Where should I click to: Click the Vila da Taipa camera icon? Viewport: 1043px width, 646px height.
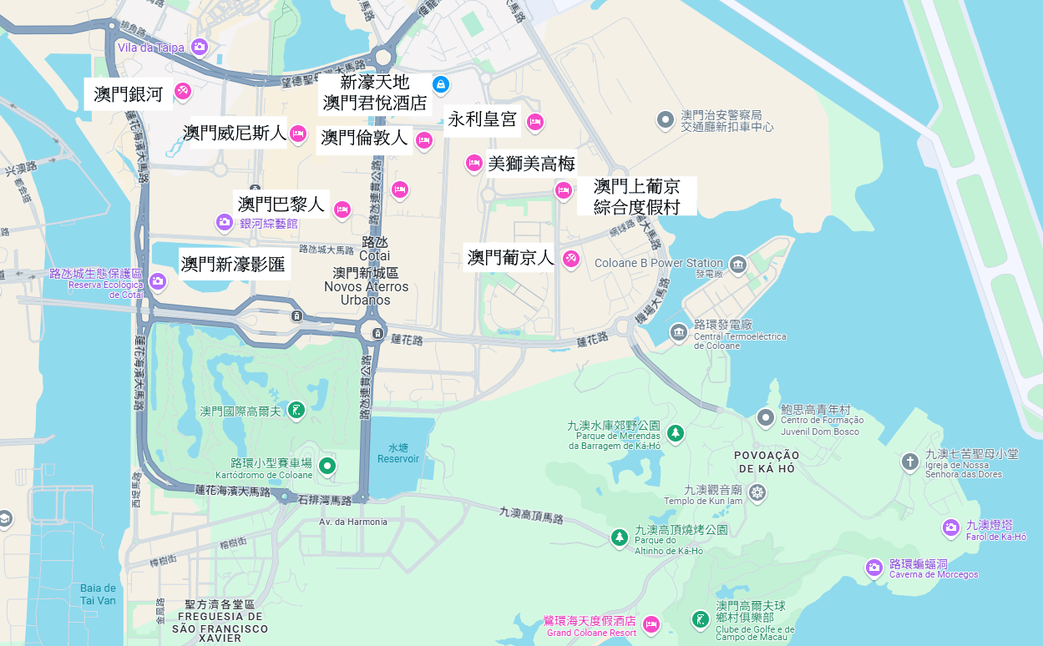199,47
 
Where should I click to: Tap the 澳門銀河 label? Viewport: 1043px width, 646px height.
129,94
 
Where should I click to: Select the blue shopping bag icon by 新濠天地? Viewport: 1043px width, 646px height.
441,84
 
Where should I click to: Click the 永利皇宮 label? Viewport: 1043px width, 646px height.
482,119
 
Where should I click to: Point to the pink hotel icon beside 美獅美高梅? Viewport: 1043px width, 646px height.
473,163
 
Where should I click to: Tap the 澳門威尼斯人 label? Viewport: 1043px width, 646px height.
234,133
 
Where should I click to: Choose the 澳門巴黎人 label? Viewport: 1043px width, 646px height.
281,204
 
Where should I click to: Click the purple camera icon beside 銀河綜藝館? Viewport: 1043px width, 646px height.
224,222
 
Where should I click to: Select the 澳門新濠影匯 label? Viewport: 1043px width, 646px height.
233,265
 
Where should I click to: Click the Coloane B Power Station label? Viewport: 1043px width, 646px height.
658,263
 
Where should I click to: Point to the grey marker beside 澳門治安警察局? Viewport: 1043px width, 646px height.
665,120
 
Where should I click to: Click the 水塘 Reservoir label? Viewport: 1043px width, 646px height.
397,453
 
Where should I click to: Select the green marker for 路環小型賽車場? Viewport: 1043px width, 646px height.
327,465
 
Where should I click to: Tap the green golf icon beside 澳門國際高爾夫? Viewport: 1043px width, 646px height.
296,411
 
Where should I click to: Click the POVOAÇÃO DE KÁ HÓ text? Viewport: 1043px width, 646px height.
767,462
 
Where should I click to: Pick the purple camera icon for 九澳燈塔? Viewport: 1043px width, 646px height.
950,527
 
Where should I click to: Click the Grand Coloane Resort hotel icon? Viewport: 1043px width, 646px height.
651,624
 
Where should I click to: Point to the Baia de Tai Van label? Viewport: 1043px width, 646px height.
98,594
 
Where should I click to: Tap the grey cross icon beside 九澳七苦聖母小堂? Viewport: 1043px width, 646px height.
909,462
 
